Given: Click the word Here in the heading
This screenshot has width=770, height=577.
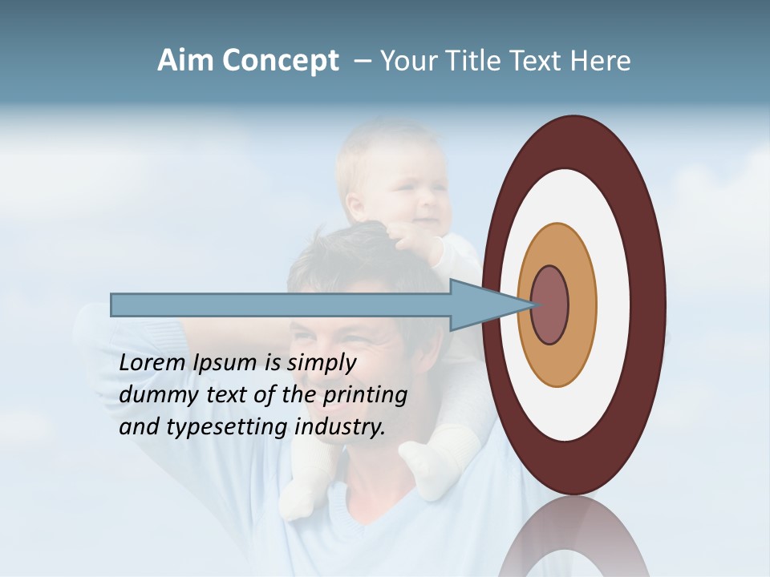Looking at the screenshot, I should tap(600, 61).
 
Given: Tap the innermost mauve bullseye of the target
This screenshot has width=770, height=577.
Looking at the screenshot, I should tap(550, 305).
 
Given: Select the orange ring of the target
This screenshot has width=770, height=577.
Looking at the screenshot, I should tap(582, 305).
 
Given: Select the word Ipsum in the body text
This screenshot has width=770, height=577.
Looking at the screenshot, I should tap(226, 363).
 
